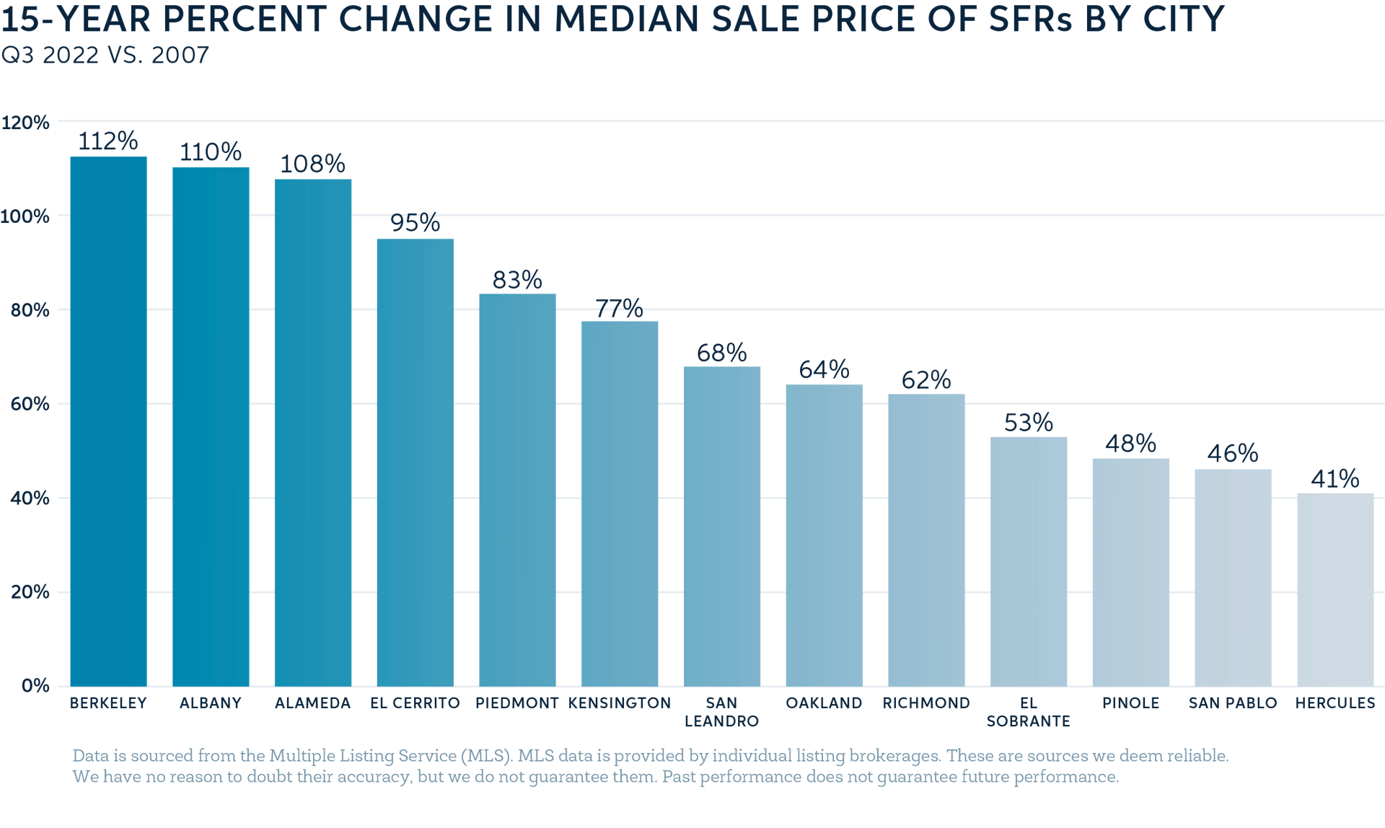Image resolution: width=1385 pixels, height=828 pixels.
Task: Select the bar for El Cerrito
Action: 415,462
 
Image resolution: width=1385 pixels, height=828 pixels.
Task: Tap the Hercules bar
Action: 1335,589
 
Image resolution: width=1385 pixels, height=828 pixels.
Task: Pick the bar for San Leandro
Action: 721,526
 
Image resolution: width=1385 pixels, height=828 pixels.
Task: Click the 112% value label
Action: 108,141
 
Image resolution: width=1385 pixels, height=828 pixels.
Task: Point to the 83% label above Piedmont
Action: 517,280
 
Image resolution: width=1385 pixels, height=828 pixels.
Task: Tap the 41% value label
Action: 1335,479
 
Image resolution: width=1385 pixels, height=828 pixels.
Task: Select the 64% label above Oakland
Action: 824,370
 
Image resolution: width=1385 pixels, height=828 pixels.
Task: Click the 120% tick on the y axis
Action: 26,123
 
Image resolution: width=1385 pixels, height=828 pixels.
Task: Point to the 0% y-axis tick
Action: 35,685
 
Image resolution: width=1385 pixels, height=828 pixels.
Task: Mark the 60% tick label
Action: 30,404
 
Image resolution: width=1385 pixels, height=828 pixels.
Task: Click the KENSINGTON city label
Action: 620,703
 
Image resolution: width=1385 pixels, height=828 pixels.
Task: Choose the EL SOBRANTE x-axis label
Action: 1028,712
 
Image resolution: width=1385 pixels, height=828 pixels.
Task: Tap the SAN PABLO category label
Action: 1233,703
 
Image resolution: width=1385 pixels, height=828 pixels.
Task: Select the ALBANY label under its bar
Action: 211,703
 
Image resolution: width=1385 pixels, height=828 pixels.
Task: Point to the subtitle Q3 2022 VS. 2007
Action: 105,55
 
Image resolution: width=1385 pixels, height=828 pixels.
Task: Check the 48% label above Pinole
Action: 1130,444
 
